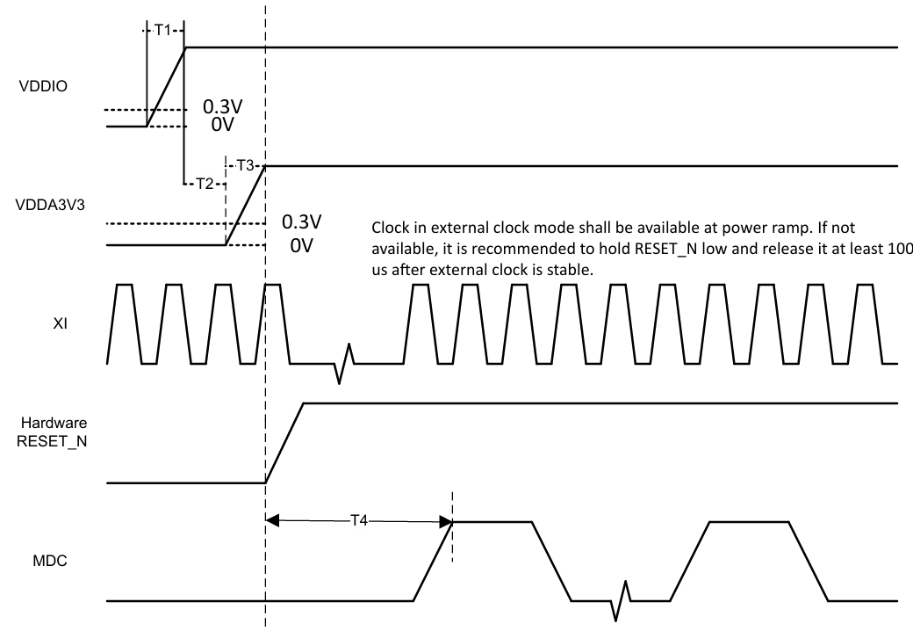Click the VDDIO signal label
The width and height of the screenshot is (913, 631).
[x=43, y=86]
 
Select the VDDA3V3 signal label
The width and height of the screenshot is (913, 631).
[x=50, y=205]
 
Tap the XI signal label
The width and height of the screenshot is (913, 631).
[x=60, y=323]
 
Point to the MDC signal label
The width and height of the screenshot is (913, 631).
[x=49, y=561]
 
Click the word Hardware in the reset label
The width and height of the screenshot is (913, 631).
[x=54, y=423]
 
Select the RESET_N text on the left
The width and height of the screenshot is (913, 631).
[x=52, y=441]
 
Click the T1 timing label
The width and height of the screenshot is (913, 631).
[x=162, y=30]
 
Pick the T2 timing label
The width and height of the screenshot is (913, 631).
[x=205, y=184]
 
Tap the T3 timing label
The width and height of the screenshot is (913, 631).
[x=245, y=165]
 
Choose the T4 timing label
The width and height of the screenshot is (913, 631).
[x=359, y=520]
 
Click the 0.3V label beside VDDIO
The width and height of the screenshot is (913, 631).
[x=222, y=106]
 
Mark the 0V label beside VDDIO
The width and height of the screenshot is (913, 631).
[x=222, y=124]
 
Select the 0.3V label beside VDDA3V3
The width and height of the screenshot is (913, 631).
[x=302, y=221]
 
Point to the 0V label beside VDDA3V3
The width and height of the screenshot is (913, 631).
[x=302, y=245]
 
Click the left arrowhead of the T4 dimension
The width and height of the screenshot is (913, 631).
[x=272, y=520]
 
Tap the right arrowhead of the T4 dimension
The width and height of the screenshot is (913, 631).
[x=446, y=521]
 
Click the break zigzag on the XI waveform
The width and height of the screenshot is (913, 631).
[x=344, y=364]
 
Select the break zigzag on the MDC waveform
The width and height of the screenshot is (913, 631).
[x=621, y=601]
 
